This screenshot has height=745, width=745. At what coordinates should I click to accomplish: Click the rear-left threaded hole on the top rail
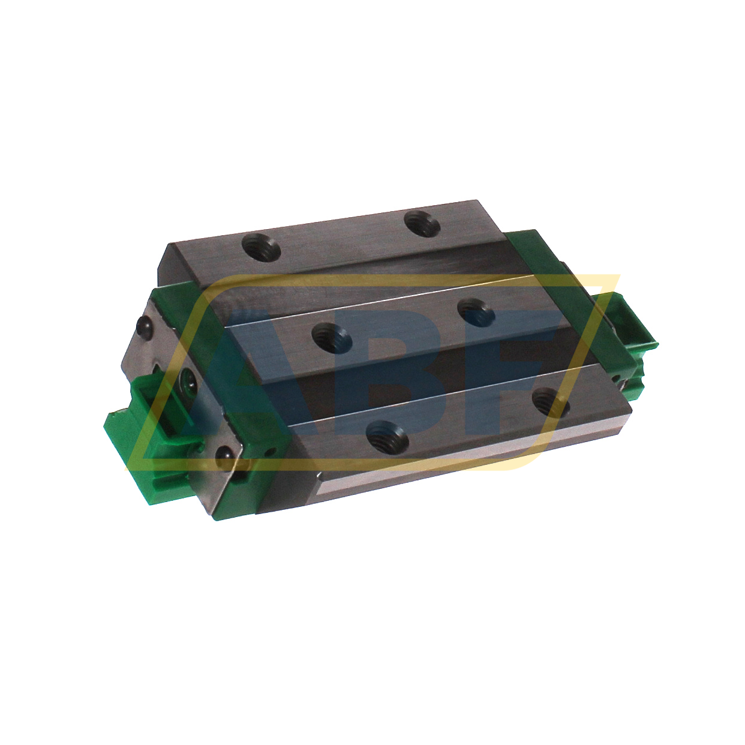[x=262, y=247]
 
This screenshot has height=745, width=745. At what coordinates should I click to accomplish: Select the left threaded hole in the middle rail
[x=332, y=334]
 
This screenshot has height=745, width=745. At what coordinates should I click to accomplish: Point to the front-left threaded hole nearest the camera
[x=387, y=434]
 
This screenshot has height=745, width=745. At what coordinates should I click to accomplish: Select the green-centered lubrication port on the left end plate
[x=188, y=381]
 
